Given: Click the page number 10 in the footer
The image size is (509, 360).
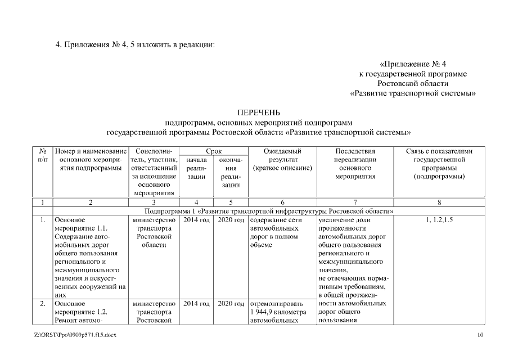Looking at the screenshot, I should [x=480, y=336].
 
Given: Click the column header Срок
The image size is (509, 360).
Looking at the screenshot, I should [x=213, y=151].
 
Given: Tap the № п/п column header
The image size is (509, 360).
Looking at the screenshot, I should [x=42, y=156].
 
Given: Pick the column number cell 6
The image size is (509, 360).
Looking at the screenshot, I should [x=282, y=202].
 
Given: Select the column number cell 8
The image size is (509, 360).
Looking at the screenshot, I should [x=439, y=202].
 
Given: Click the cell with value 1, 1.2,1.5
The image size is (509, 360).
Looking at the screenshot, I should [x=439, y=220].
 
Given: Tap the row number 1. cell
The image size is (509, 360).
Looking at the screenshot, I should [x=43, y=220].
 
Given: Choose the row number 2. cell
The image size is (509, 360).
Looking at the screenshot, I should [x=43, y=304].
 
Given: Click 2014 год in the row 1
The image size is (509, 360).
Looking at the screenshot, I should [x=196, y=220].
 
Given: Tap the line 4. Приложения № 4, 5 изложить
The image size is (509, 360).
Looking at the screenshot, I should [x=135, y=44].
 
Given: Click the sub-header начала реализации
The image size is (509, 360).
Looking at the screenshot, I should [x=196, y=168].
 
